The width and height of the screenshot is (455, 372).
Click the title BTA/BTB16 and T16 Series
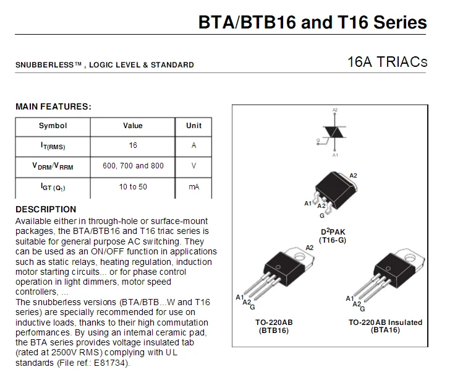click(312, 23)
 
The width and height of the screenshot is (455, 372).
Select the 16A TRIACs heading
click(387, 63)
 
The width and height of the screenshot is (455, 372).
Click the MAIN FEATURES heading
click(53, 106)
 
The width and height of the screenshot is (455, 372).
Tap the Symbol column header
click(53, 126)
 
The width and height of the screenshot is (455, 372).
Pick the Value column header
click(133, 126)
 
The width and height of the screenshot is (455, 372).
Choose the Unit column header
click(193, 126)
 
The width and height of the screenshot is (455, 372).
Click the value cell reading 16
click(133, 145)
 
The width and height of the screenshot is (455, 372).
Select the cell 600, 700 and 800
click(133, 166)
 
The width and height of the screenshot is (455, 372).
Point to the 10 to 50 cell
click(133, 186)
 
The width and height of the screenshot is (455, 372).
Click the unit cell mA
click(193, 186)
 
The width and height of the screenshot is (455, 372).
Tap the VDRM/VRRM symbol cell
click(53, 166)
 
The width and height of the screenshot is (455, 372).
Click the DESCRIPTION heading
click(46, 209)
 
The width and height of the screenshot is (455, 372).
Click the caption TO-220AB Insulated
click(385, 322)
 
